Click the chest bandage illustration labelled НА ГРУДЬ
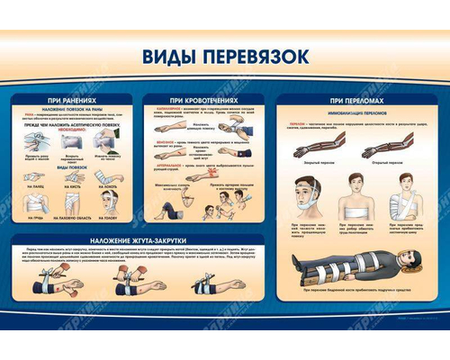coord(32,195)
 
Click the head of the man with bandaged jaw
coord(302,185)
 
